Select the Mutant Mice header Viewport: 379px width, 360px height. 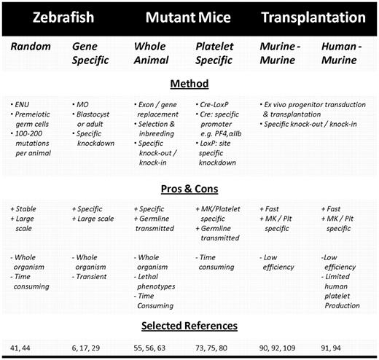pyautogui.click(x=183, y=17)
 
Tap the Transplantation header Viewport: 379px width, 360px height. pyautogui.click(x=316, y=17)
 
